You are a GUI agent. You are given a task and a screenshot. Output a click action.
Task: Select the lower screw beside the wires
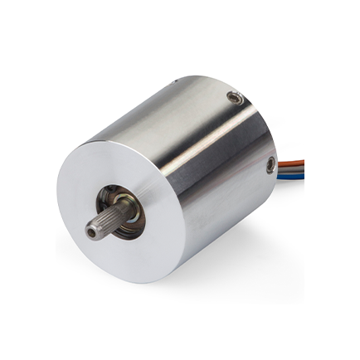[270, 167]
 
